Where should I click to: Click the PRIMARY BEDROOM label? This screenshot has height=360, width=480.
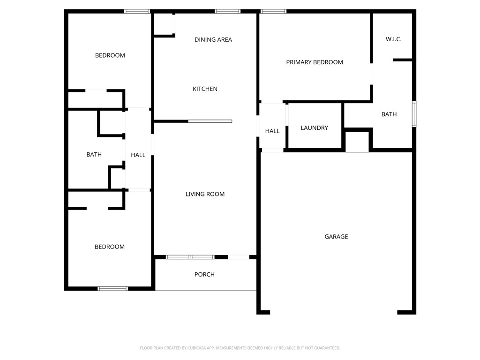click(315, 62)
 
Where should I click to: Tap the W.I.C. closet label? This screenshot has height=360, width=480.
click(393, 39)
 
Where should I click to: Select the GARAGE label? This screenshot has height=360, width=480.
click(336, 237)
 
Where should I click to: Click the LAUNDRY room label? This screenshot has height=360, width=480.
click(314, 128)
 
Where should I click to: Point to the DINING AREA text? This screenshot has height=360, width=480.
click(213, 40)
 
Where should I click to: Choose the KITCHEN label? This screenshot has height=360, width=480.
click(205, 89)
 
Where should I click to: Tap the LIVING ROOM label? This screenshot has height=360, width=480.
click(205, 194)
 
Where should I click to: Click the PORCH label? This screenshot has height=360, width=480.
click(204, 275)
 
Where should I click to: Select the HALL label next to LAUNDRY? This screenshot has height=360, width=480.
click(272, 131)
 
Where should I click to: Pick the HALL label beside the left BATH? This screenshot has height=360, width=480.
click(138, 155)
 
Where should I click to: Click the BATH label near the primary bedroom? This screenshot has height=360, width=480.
click(389, 114)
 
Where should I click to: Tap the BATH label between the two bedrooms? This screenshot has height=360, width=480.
click(94, 155)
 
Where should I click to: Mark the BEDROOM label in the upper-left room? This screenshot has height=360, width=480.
click(110, 55)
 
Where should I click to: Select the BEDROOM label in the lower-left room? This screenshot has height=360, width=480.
click(110, 247)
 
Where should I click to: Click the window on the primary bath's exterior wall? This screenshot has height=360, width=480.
click(414, 114)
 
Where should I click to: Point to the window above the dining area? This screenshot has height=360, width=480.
click(227, 11)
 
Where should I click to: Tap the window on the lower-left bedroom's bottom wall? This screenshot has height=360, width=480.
click(112, 288)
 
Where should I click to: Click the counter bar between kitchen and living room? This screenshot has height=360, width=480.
click(210, 121)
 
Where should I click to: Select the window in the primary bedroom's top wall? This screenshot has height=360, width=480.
click(273, 11)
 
